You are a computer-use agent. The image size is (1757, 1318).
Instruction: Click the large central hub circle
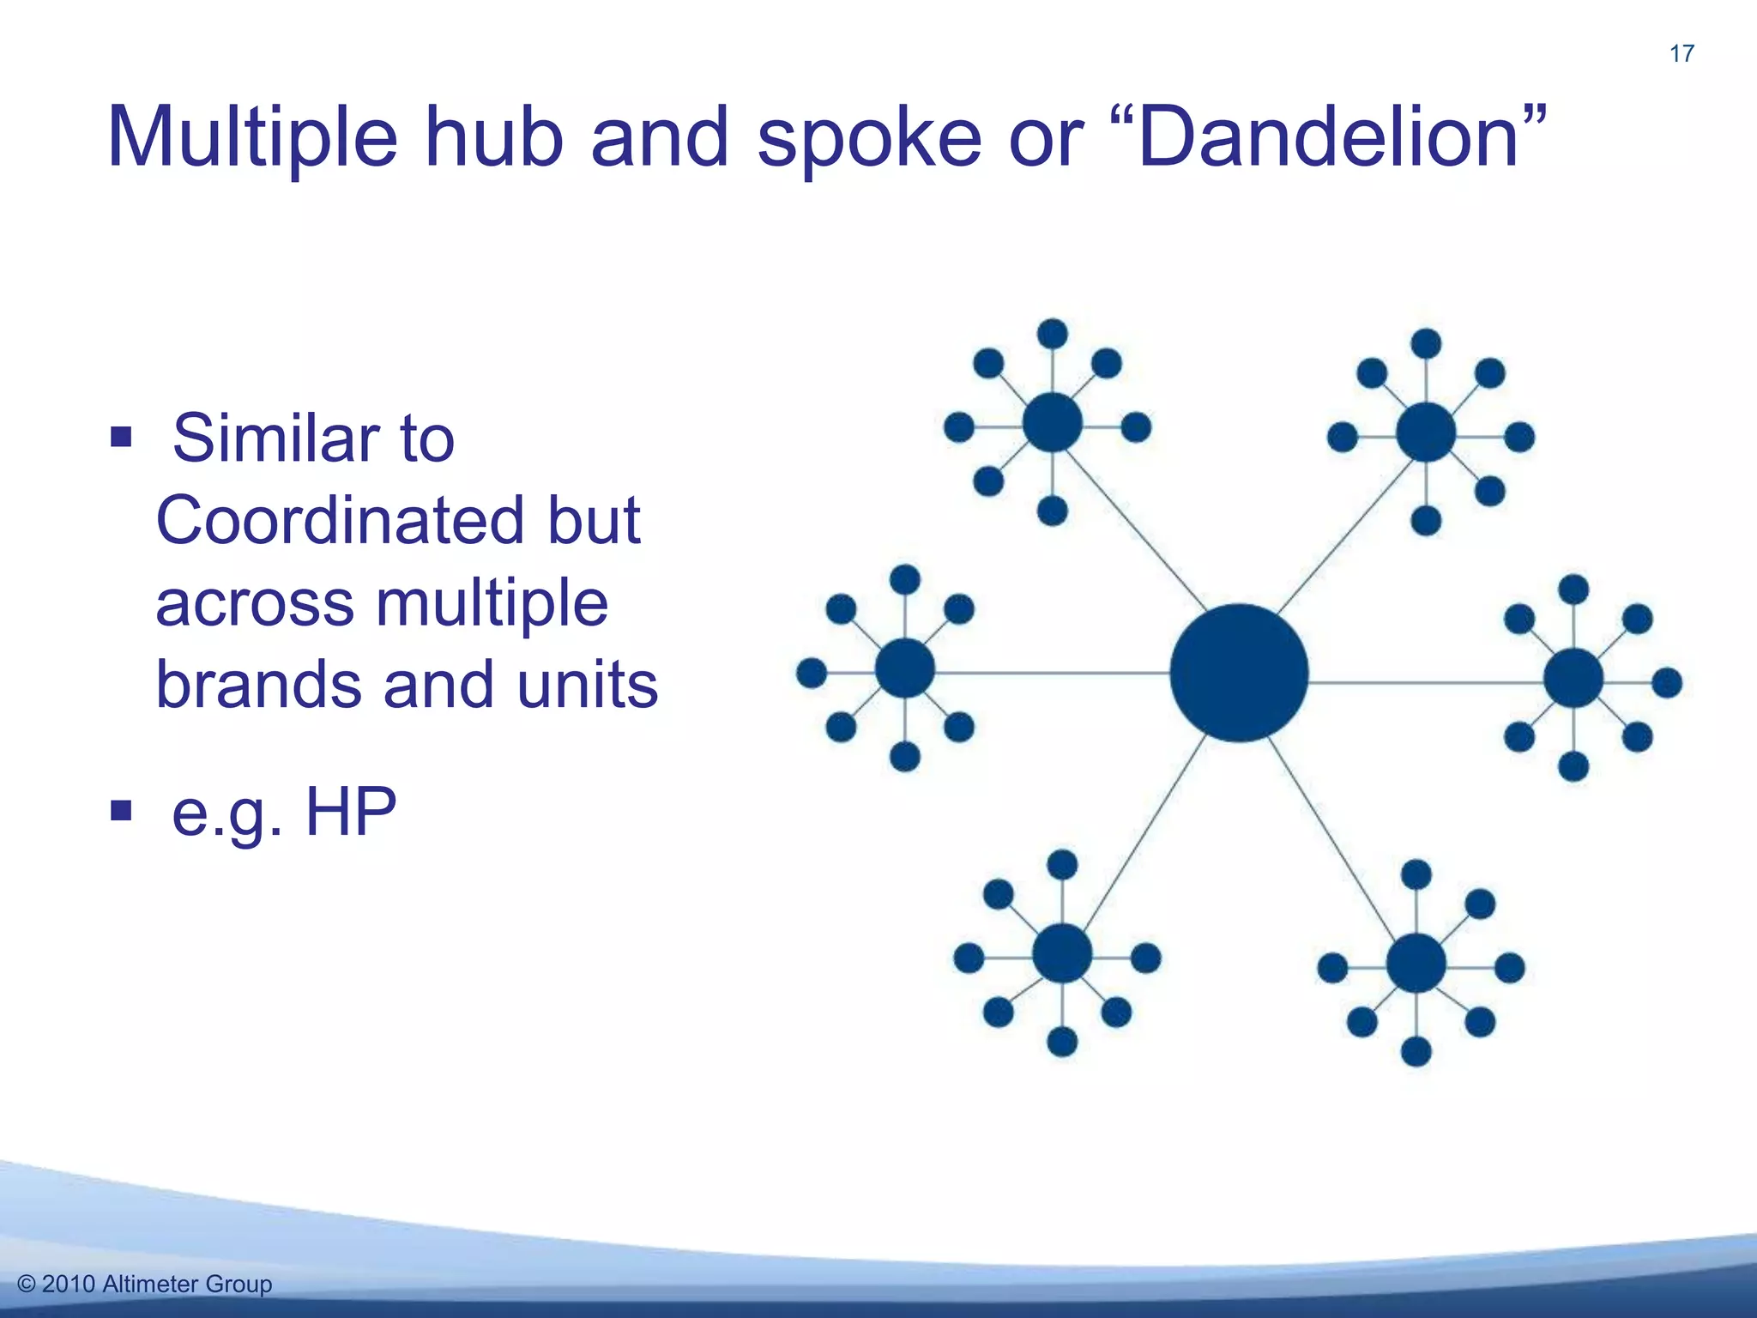click(1239, 673)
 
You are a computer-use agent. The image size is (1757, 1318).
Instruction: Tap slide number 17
click(1682, 54)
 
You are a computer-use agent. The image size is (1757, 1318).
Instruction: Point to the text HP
click(351, 811)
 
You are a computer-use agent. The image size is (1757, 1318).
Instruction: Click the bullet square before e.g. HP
click(121, 810)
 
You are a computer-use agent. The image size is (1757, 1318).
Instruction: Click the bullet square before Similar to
click(121, 438)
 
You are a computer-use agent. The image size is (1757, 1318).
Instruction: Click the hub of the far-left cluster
click(905, 668)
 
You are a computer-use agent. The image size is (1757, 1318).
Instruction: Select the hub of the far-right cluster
click(1573, 679)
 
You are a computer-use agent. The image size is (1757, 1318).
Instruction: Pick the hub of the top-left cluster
click(1053, 422)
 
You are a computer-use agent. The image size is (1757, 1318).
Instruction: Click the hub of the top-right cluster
click(1426, 432)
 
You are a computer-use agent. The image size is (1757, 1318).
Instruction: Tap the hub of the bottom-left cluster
click(1062, 953)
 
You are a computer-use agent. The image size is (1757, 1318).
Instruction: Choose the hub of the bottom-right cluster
click(1416, 964)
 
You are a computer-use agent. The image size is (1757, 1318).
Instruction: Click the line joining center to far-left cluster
click(1055, 673)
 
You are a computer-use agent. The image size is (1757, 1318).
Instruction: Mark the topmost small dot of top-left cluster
click(1053, 334)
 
